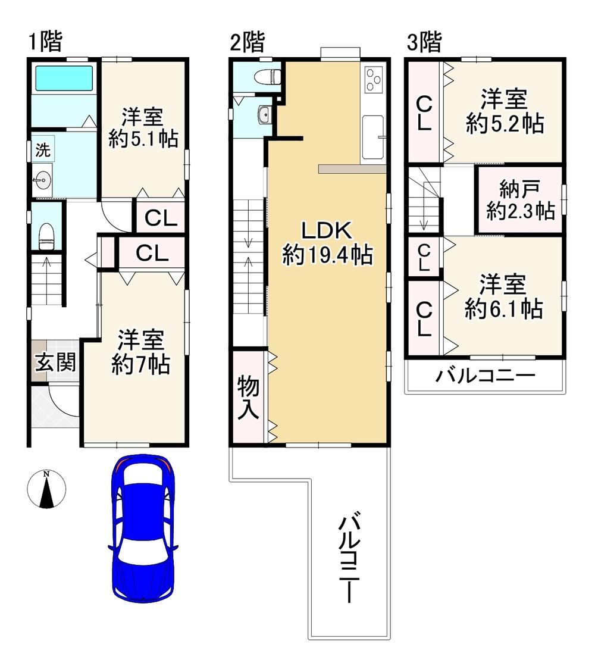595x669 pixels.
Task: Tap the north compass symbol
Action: coord(46,489)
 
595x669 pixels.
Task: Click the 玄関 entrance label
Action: coord(55,362)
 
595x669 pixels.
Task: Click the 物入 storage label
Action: coord(248,398)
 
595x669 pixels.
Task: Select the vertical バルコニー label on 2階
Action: coord(349,559)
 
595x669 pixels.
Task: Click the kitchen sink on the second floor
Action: coord(373,136)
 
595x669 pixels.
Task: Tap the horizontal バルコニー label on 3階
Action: coord(485,376)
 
